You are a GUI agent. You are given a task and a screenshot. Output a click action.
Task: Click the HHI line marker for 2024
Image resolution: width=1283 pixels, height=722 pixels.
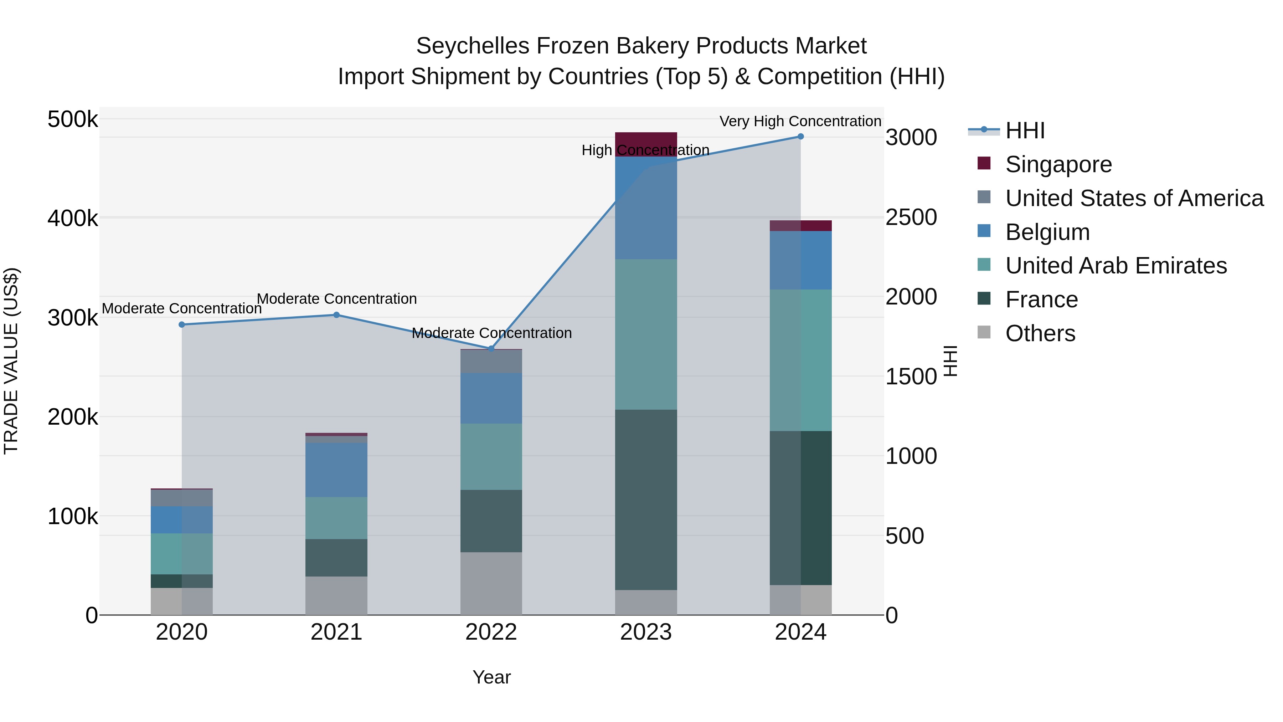pyautogui.click(x=800, y=137)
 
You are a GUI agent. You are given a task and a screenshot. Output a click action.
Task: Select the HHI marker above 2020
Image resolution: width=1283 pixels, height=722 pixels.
pyautogui.click(x=182, y=324)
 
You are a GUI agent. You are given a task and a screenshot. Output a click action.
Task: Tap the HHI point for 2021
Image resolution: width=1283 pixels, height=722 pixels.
pyautogui.click(x=336, y=315)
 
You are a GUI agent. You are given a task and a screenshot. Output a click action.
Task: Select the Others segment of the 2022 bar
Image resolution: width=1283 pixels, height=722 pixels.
pyautogui.click(x=491, y=583)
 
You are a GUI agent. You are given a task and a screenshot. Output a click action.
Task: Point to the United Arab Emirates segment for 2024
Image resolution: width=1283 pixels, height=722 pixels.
pyautogui.click(x=800, y=360)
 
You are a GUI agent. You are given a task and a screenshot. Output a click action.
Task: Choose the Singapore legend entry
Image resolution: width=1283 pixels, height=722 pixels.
pyautogui.click(x=1058, y=164)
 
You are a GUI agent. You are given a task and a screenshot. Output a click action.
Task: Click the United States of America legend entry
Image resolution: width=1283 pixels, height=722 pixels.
pyautogui.click(x=1134, y=198)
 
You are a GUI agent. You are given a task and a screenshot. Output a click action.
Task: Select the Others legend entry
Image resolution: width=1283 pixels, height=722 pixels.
pyautogui.click(x=1040, y=333)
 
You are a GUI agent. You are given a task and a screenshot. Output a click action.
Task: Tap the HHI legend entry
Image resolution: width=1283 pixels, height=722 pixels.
pyautogui.click(x=1025, y=130)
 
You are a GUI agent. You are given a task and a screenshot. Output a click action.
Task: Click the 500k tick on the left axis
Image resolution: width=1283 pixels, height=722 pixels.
pyautogui.click(x=73, y=119)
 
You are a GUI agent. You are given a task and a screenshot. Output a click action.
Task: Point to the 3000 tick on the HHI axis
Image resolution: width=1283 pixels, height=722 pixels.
pyautogui.click(x=911, y=138)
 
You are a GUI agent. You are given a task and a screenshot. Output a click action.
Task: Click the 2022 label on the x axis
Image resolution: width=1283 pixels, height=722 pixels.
pyautogui.click(x=491, y=632)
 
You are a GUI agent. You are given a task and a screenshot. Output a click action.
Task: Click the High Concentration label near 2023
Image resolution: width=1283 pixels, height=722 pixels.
pyautogui.click(x=645, y=150)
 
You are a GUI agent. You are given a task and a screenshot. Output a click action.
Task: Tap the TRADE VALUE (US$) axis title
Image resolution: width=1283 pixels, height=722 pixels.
pyautogui.click(x=11, y=361)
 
